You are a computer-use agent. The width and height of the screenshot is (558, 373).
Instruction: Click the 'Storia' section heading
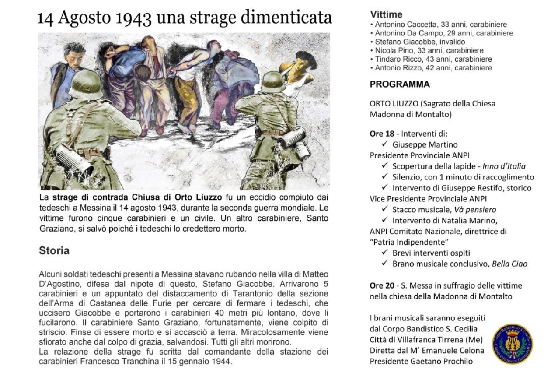pyautogui.click(x=54, y=251)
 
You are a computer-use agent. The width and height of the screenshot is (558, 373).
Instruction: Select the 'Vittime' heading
pyautogui.click(x=386, y=14)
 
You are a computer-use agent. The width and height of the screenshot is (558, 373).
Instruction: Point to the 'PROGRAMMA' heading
pyautogui.click(x=400, y=84)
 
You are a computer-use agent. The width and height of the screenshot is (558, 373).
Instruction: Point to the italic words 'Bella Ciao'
pyautogui.click(x=509, y=264)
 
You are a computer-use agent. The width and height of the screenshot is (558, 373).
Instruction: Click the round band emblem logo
pyautogui.click(x=512, y=344)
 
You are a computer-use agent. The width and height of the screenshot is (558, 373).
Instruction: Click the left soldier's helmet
pyautogui.click(x=86, y=83)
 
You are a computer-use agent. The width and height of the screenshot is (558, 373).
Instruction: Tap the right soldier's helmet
pyautogui.click(x=273, y=81)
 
